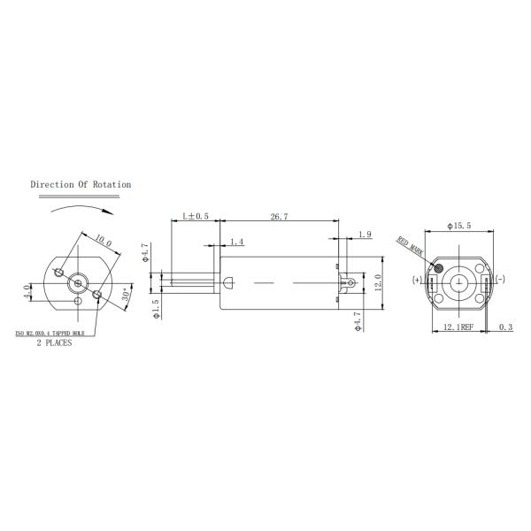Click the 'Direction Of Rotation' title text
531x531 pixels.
[x=81, y=185]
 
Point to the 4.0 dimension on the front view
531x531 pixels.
[x=27, y=291]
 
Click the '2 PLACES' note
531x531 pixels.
[x=55, y=343]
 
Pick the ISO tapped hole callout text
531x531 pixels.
[x=60, y=334]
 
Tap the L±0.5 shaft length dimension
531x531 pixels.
[x=195, y=216]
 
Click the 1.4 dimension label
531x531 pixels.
[x=236, y=242]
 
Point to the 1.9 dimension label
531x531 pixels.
[x=366, y=235]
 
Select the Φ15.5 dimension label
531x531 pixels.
[x=460, y=227]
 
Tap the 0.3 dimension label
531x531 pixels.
[x=504, y=328]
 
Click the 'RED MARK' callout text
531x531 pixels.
[x=411, y=244]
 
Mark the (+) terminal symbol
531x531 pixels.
[x=417, y=281]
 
